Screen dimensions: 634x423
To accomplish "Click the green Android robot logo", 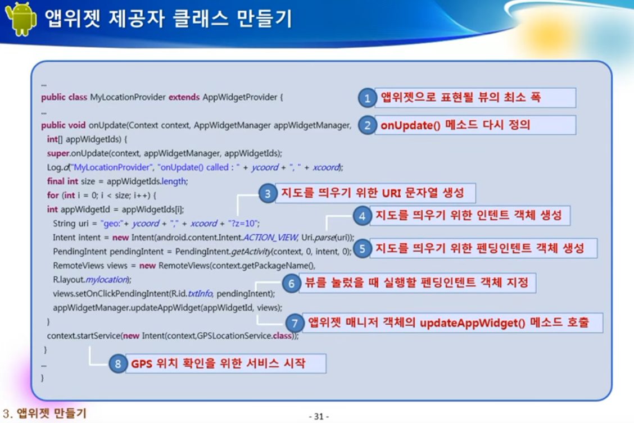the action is (x=21, y=19).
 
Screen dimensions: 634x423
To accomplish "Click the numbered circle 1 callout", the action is (x=368, y=98).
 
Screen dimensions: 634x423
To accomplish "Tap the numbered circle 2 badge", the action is (x=368, y=125).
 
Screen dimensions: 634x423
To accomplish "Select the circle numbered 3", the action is (x=268, y=193).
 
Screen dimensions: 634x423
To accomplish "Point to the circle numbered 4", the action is (x=363, y=216).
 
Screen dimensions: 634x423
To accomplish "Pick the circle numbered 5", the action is (x=363, y=248).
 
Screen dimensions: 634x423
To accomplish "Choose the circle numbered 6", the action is (x=292, y=283).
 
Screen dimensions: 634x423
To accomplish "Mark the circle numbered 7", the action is (x=295, y=323).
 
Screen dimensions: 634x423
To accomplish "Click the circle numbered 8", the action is (x=118, y=363).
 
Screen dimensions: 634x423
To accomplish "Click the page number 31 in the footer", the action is (x=319, y=416).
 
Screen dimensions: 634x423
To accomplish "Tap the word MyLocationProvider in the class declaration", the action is (x=128, y=97).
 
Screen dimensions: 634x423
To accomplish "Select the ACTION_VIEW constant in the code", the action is (x=270, y=237).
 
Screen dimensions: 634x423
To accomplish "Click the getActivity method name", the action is (x=251, y=252).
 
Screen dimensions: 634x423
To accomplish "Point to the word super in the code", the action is (x=58, y=153).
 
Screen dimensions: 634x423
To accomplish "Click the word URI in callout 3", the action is (x=391, y=193).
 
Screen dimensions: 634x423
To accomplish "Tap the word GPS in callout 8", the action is (x=142, y=364).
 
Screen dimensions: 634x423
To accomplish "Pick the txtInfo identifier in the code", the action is (x=200, y=293).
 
